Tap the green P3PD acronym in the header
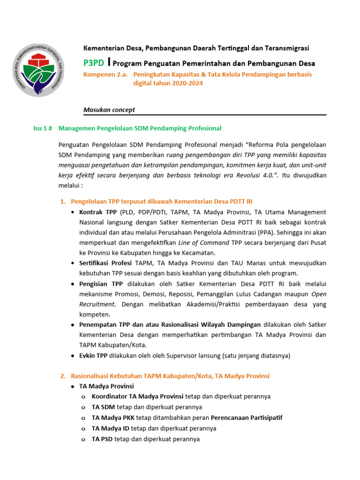(x=94, y=63)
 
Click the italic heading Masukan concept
(x=109, y=110)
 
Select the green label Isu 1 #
(x=45, y=128)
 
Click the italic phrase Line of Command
(x=204, y=243)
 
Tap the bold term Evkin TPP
(x=93, y=356)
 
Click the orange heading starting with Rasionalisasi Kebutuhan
(x=170, y=376)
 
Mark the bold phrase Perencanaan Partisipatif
(x=247, y=417)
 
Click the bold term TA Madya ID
(x=110, y=428)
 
